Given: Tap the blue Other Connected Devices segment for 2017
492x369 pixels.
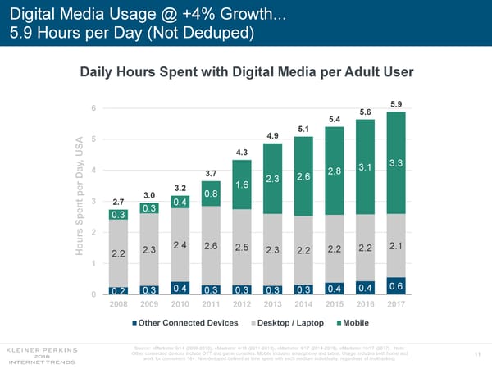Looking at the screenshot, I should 396,285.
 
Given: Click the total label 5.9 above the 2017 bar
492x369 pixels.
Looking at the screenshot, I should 397,104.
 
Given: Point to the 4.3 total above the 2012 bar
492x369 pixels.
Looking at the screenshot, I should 242,152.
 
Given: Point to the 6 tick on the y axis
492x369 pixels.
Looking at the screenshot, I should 95,108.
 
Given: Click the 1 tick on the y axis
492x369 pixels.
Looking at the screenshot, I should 95,263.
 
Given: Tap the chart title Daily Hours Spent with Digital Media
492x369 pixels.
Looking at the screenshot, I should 246,72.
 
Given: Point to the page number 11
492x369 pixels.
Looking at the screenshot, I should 478,355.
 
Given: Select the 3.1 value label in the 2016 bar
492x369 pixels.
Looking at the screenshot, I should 366,167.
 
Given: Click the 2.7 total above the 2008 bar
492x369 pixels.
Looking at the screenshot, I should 118,201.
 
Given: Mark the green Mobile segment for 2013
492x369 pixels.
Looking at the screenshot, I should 272,179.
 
